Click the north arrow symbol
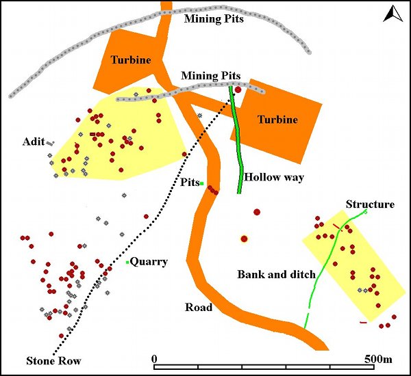pos(392,14)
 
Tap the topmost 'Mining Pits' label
pos(214,18)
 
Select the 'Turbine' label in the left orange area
pos(130,60)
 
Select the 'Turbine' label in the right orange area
pos(277,120)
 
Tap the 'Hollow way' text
pos(274,177)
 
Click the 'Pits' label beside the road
pos(189,183)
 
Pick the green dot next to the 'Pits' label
pos(201,183)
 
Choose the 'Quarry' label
pos(149,261)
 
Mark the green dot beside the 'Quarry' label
pos(127,262)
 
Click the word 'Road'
pos(199,308)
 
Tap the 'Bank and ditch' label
pos(276,275)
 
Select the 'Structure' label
pos(370,204)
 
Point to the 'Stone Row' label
pos(53,361)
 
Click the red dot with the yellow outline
pos(243,239)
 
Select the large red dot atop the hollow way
pos(238,90)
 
